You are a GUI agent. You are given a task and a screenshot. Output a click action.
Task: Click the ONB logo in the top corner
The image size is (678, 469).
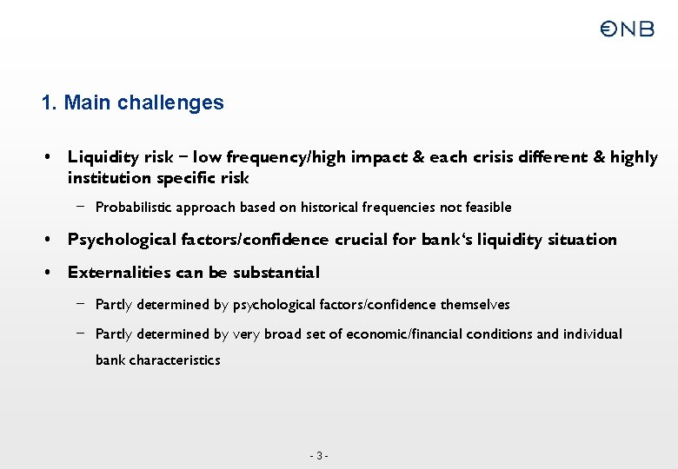627,30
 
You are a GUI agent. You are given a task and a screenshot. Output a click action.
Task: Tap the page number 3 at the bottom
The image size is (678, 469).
320,456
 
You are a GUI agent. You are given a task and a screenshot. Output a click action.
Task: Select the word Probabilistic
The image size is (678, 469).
130,208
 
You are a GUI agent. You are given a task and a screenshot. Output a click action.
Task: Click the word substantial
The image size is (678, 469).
276,273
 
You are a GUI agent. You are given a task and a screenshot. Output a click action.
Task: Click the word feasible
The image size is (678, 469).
489,208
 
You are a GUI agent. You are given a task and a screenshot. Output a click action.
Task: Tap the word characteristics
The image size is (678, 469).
174,360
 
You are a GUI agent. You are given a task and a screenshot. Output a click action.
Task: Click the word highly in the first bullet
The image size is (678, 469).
634,157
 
